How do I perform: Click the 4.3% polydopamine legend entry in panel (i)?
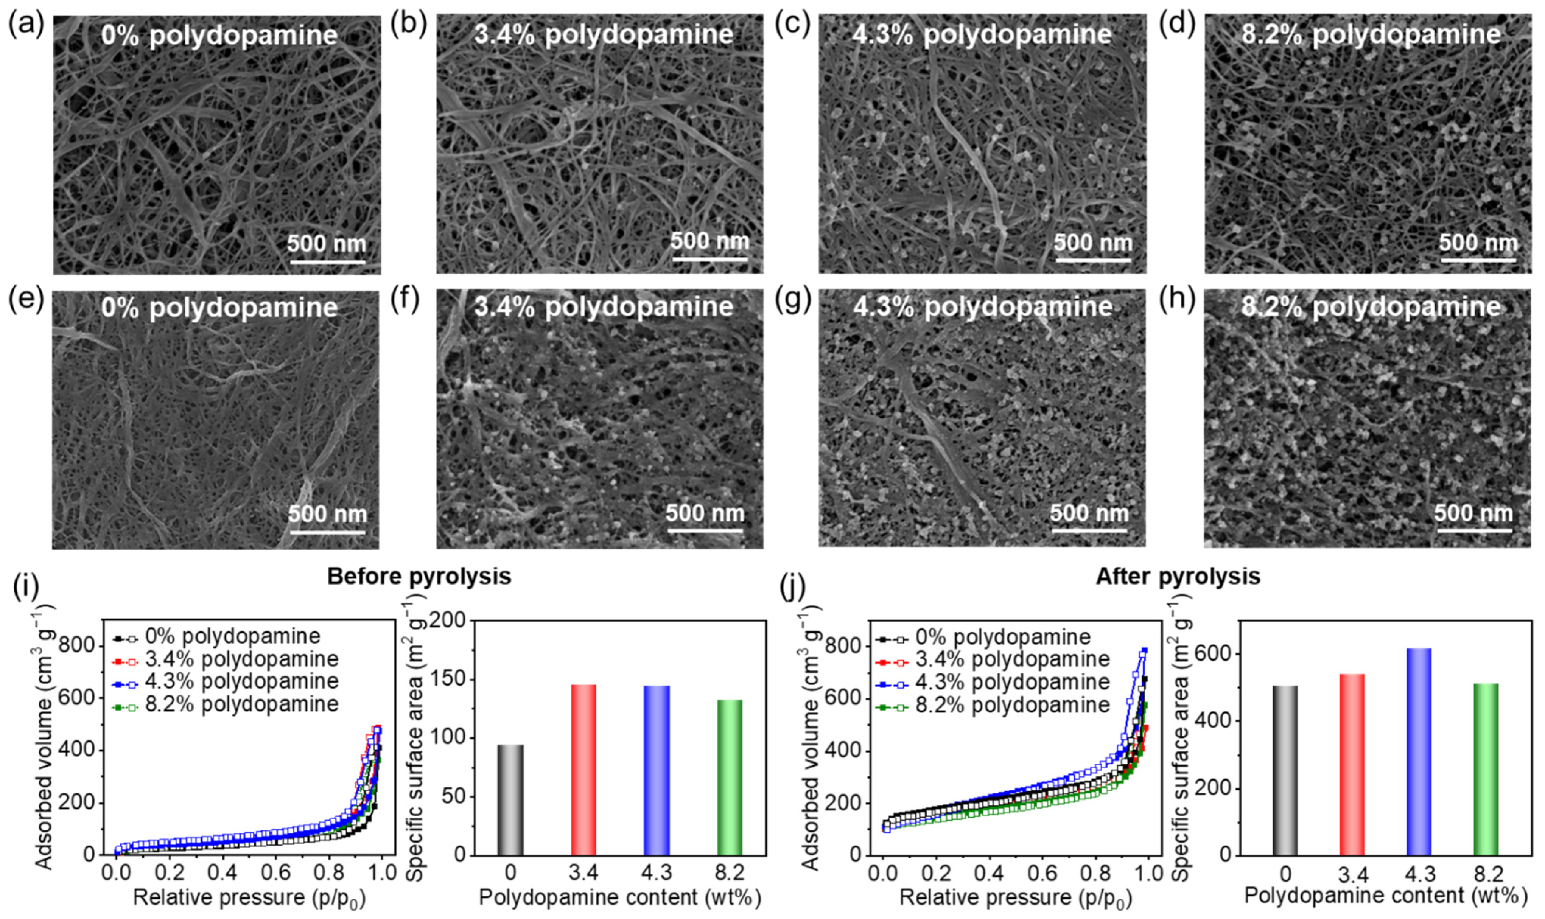point(241,681)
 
